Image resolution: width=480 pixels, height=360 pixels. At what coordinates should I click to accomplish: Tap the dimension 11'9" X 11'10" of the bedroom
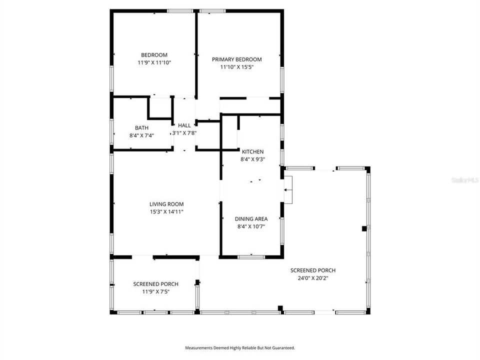[x=153, y=63]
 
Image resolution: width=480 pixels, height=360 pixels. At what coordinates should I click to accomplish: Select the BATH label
[x=141, y=128]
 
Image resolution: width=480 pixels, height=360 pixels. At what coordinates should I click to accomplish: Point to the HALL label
[x=184, y=125]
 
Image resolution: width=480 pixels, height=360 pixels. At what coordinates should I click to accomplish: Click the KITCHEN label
[x=252, y=152]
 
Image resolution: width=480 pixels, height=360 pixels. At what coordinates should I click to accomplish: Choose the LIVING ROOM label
[x=166, y=204]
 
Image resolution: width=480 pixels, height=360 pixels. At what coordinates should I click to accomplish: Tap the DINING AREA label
[x=251, y=219]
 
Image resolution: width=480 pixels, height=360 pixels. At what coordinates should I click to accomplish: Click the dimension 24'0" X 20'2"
[x=312, y=278]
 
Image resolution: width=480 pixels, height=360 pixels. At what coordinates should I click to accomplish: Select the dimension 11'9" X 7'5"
[x=155, y=291]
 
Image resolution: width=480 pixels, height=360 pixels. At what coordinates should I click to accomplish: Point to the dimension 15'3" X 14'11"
[x=166, y=211]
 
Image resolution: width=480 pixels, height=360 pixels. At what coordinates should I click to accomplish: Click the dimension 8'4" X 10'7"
[x=251, y=226]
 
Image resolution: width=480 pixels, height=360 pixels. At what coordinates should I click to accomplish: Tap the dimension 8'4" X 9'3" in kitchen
[x=252, y=159]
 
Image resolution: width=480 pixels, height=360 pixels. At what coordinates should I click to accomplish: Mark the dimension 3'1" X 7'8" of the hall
[x=184, y=133]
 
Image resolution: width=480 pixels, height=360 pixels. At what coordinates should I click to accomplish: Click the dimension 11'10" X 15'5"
[x=236, y=67]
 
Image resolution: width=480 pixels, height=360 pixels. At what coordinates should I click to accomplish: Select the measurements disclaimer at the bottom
[x=240, y=347]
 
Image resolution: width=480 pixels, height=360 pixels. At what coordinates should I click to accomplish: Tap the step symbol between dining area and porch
[x=288, y=190]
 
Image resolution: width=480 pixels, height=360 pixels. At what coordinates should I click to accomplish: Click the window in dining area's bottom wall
[x=251, y=257]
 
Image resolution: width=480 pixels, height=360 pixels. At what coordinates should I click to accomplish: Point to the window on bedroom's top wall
[x=180, y=11]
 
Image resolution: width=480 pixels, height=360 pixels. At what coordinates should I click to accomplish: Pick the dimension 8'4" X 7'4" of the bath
[x=141, y=135]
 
